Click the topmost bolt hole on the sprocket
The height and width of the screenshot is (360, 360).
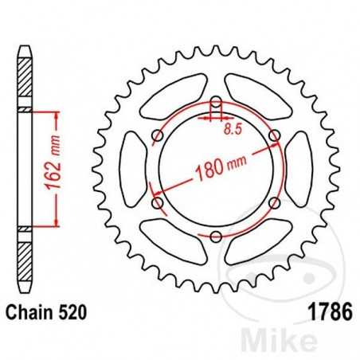217,102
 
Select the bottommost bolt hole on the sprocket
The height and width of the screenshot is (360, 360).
217,235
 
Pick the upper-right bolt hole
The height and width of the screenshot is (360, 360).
274,136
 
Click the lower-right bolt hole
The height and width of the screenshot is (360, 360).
274,202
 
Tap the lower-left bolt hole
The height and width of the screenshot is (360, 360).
158,202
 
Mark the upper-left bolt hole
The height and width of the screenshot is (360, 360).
158,136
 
